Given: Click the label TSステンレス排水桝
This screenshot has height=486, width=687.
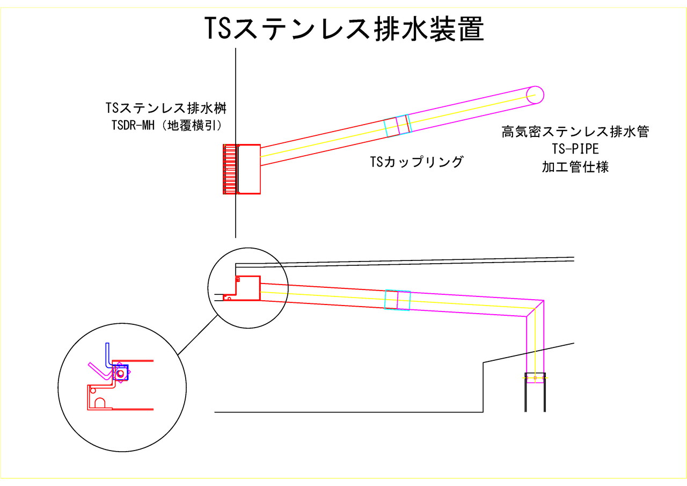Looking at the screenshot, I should pyautogui.click(x=166, y=108).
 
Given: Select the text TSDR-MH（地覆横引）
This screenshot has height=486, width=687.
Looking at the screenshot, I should pyautogui.click(x=166, y=125).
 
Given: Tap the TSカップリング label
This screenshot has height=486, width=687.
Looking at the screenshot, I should pyautogui.click(x=416, y=162).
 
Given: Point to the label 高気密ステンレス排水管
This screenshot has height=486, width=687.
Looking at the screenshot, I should pyautogui.click(x=575, y=132).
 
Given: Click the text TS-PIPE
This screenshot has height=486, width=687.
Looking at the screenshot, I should pyautogui.click(x=575, y=149).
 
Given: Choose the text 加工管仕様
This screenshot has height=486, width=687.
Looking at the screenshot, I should pyautogui.click(x=575, y=167).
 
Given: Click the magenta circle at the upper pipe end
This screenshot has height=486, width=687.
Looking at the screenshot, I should pyautogui.click(x=535, y=95).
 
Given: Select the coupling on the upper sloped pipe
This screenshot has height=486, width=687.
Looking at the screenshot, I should pyautogui.click(x=398, y=126).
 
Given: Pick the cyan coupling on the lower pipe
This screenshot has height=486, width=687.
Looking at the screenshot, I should pyautogui.click(x=397, y=300).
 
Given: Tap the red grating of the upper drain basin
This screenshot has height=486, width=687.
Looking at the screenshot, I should pyautogui.click(x=230, y=169).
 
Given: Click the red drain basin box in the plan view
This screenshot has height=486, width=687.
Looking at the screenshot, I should pyautogui.click(x=249, y=169).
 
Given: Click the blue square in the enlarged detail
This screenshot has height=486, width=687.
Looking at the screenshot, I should pyautogui.click(x=121, y=372).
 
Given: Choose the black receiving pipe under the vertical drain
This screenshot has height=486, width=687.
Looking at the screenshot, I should pyautogui.click(x=535, y=395).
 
